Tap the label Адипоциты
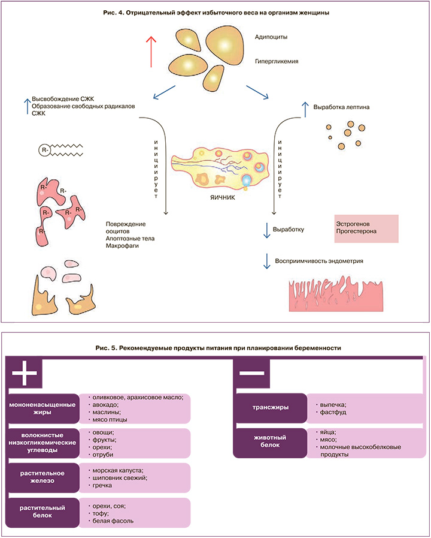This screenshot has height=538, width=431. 271,37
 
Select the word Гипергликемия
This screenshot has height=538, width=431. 277,61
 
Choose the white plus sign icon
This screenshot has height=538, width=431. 25,374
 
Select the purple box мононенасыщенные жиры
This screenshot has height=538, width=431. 43,408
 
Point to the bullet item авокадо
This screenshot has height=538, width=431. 105,404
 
